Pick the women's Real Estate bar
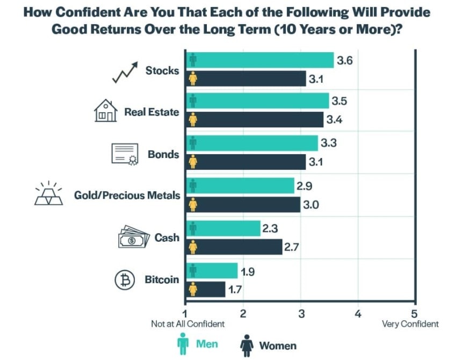tap(255, 119)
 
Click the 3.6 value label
tap(344, 61)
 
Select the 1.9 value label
tap(247, 271)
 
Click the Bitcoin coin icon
tap(124, 280)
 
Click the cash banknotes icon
tap(133, 237)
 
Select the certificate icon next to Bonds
tap(125, 154)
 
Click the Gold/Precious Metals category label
tap(127, 196)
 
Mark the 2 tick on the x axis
tap(243, 313)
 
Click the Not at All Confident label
tap(188, 324)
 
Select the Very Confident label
tap(410, 324)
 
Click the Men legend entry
tap(198, 344)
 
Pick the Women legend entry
tap(269, 345)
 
